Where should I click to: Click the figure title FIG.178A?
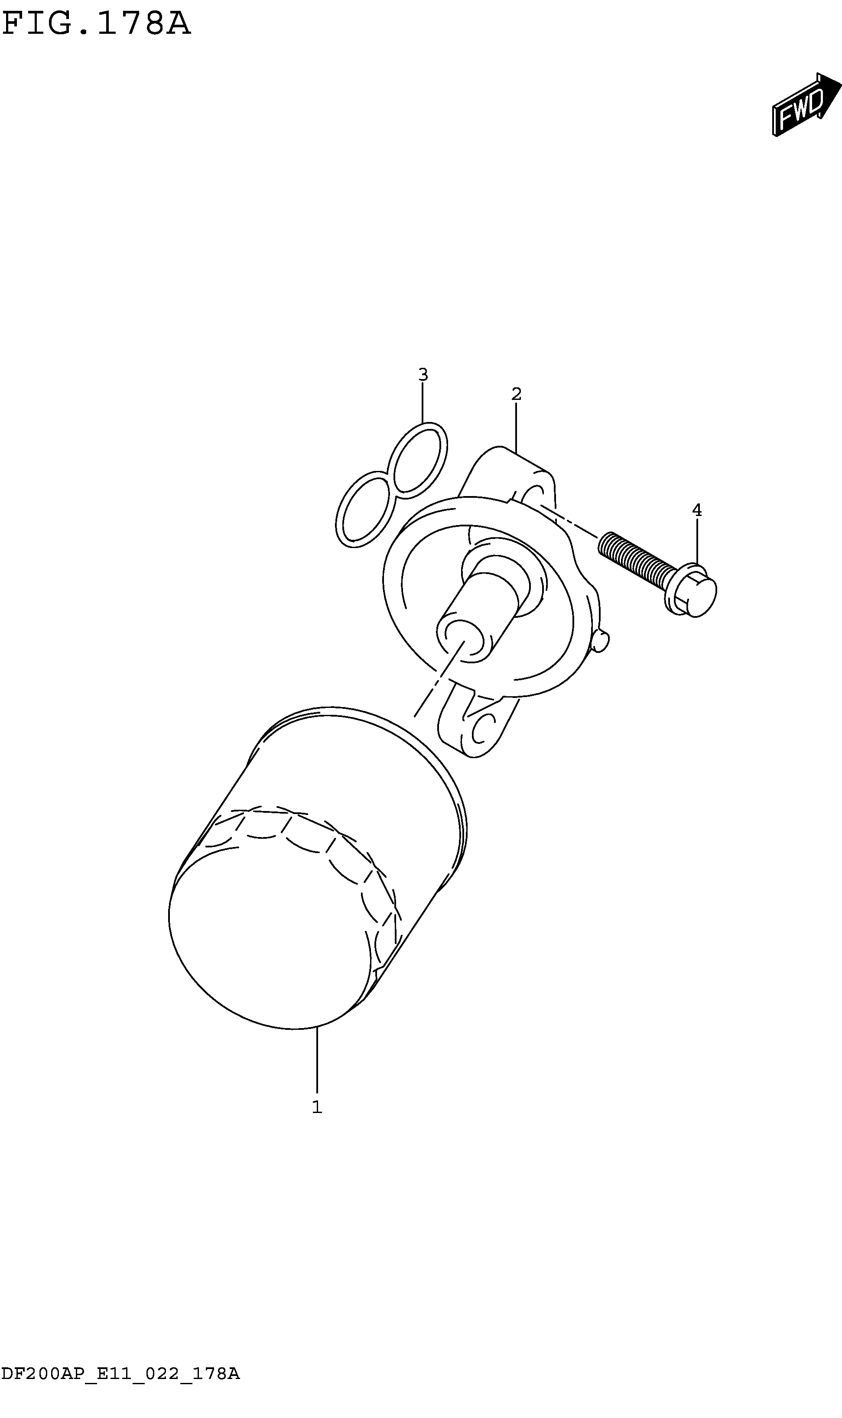tap(97, 24)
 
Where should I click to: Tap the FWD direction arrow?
tap(806, 105)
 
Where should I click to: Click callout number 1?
tap(317, 1106)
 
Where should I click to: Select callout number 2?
tap(516, 394)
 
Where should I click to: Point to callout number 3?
tap(423, 374)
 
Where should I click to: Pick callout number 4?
tap(697, 510)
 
